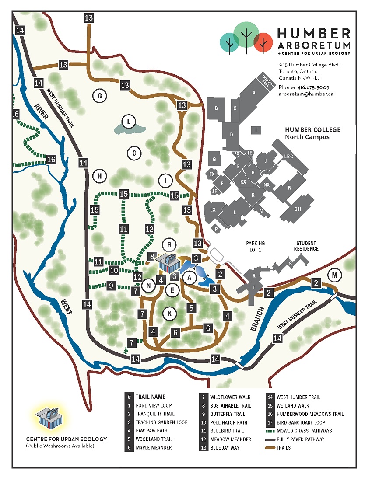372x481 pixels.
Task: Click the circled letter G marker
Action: point(100,95)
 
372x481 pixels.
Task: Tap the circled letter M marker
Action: point(335,275)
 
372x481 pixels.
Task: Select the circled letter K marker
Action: point(169,313)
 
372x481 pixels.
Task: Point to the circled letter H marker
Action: point(100,176)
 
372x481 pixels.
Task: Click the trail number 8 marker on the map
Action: point(152,257)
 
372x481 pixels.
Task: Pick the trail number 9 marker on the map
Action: point(112,286)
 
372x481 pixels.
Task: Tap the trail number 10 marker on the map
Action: point(114,270)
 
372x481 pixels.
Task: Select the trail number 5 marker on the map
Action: point(191,308)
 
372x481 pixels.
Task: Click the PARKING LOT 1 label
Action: point(256,247)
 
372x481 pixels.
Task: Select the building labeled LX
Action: point(213,209)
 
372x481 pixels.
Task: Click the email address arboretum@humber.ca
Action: point(305,94)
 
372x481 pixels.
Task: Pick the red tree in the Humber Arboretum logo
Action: point(263,42)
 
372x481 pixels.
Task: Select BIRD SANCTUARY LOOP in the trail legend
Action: point(302,422)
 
